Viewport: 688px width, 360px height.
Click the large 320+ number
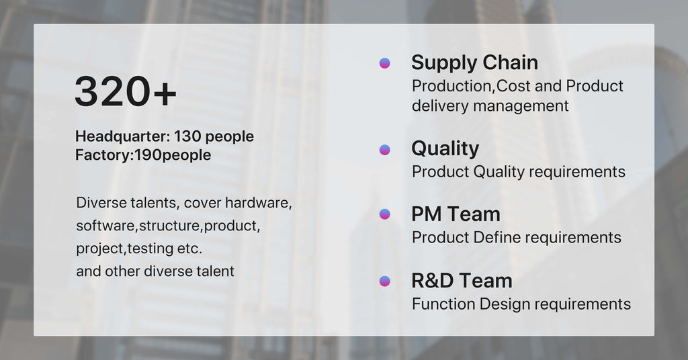(x=126, y=91)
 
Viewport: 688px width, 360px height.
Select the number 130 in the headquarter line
(x=187, y=136)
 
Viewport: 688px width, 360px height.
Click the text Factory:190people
(x=143, y=154)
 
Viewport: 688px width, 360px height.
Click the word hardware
(x=259, y=203)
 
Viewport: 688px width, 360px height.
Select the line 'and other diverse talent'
(x=155, y=271)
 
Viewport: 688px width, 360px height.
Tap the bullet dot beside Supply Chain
(x=385, y=63)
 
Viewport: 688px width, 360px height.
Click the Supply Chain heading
(x=475, y=62)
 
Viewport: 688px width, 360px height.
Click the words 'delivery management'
(x=490, y=105)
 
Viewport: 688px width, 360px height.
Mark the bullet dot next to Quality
(x=385, y=150)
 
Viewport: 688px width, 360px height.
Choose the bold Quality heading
(x=445, y=149)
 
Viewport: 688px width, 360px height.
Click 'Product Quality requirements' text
(x=519, y=171)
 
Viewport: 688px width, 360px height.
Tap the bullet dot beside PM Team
(x=385, y=214)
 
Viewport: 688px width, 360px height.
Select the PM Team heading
(x=456, y=214)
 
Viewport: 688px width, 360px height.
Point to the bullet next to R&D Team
(x=385, y=281)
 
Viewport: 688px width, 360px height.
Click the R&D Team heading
(x=462, y=281)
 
